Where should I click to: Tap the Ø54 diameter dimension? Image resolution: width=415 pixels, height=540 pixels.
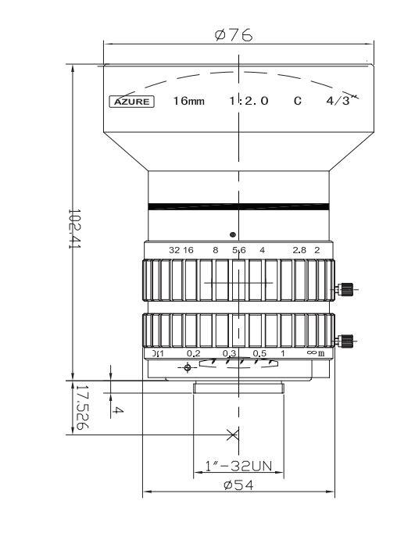[238, 485]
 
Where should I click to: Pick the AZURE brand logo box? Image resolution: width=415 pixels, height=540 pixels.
[132, 101]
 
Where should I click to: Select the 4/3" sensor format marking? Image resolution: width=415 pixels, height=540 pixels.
[342, 100]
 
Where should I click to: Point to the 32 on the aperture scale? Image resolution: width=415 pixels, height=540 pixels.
[174, 250]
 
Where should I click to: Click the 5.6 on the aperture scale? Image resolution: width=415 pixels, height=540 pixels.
[239, 250]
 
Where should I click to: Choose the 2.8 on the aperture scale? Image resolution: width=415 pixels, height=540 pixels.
[299, 250]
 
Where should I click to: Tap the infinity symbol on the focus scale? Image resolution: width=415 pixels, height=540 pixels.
[310, 353]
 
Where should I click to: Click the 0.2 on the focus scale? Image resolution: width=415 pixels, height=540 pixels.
[193, 353]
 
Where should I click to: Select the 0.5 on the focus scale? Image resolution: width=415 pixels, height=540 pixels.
[260, 353]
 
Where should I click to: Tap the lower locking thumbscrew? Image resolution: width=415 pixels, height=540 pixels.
[344, 340]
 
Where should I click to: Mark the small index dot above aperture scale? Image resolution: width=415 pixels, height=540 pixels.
[232, 234]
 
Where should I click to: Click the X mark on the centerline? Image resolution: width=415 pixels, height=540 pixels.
[232, 434]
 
